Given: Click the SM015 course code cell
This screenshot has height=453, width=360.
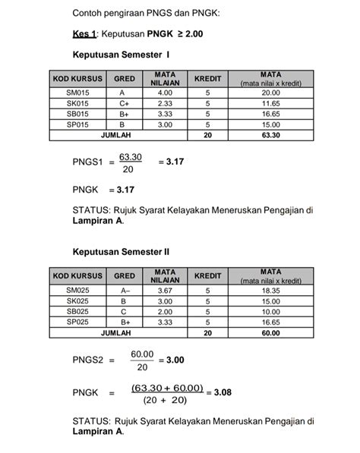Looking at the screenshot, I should coord(78,92).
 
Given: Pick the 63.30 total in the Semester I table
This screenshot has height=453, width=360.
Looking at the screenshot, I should coord(270,135).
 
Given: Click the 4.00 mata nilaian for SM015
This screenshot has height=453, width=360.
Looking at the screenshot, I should coord(166,92).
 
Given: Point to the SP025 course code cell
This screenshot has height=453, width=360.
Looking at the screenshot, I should coord(78,322).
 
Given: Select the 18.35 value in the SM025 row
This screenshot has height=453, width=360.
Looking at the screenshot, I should coord(270,290).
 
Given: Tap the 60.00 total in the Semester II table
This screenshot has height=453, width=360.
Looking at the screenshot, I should coord(270,333).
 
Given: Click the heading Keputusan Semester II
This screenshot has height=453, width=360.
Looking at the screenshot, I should coord(121,251).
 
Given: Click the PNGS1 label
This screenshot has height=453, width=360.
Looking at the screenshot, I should coord(87,162).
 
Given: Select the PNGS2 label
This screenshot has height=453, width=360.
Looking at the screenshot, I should coord(87,360).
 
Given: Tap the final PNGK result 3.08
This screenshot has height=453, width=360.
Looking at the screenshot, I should coord(223,392).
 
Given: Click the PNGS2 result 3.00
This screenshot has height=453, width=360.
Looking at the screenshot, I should coord(175,360).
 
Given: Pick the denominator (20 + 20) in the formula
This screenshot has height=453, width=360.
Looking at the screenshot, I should coord(166,400).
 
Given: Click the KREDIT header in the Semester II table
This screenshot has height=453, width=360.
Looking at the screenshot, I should coord(207,275).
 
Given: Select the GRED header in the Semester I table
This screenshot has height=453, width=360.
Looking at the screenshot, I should coord(125,78).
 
